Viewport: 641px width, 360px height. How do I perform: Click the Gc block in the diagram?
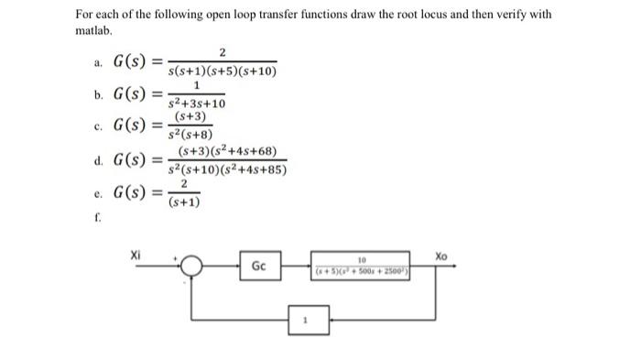pos(259,267)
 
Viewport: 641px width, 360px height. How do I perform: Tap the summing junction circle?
pos(193,267)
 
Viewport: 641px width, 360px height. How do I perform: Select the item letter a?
pos(98,63)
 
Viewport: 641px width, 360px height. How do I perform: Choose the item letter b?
pos(98,94)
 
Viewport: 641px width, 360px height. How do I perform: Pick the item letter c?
pos(98,125)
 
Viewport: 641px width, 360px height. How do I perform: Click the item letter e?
pos(98,193)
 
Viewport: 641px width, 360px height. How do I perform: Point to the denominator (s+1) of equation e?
pos(185,203)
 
